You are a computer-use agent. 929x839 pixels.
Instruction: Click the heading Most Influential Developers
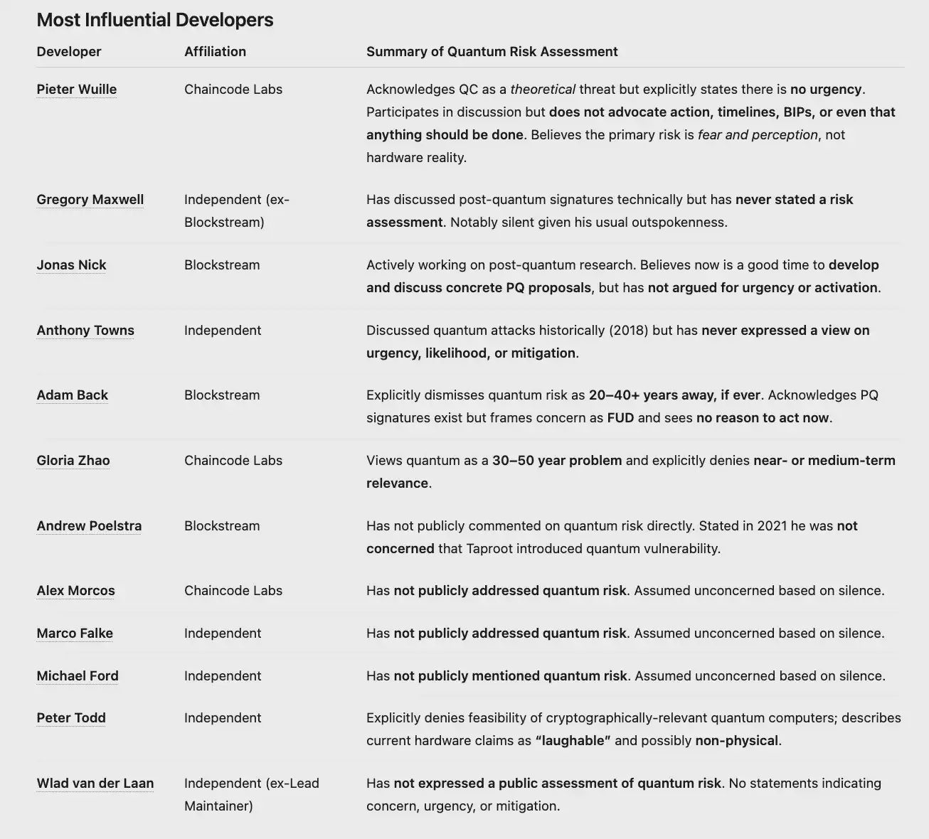(154, 20)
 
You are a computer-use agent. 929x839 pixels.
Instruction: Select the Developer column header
(69, 52)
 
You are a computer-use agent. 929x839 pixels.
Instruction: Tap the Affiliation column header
(215, 52)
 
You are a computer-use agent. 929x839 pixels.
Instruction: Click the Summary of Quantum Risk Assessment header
(492, 52)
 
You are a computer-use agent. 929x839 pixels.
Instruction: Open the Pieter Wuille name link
(77, 90)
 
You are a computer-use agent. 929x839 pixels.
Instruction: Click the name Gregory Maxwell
(90, 200)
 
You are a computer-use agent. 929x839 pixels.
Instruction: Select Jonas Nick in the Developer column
(71, 265)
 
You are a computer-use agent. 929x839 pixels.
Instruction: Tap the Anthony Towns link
(85, 331)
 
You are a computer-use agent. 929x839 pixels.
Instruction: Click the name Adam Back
(73, 395)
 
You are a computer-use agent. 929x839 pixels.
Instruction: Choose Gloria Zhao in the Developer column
(73, 461)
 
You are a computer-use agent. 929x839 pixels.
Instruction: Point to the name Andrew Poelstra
(89, 526)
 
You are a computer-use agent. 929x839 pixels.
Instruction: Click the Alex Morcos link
(75, 591)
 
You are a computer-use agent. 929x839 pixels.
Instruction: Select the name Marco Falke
(75, 634)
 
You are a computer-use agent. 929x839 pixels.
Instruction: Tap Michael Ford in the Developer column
(78, 676)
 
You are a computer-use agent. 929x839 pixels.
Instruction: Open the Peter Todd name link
(71, 718)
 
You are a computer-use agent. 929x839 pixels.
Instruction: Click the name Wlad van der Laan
(95, 784)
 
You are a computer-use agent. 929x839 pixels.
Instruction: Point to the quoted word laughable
(573, 741)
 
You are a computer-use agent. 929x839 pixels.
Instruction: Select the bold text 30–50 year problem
(557, 461)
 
